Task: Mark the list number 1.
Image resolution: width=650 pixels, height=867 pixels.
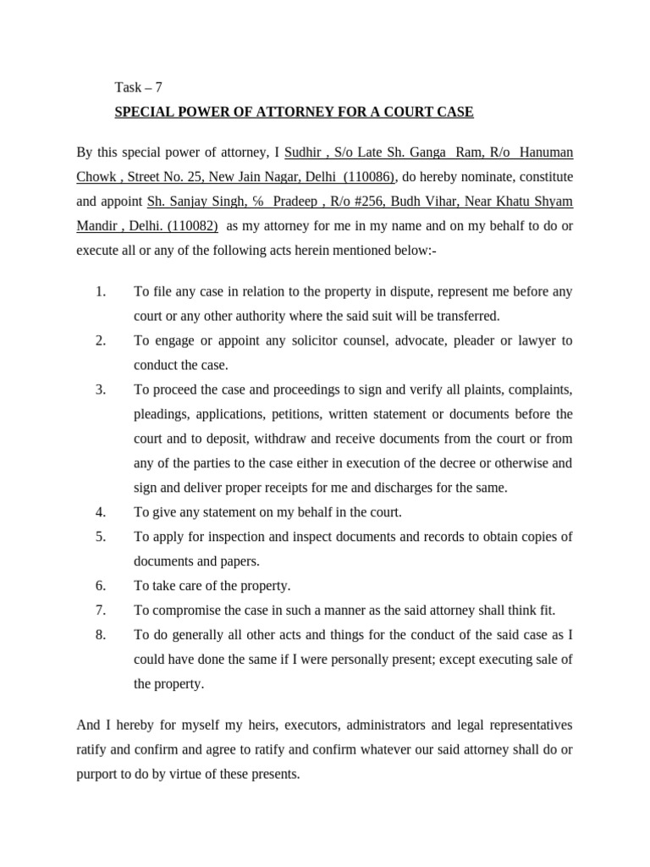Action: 100,292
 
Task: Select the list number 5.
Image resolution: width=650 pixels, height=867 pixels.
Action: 100,537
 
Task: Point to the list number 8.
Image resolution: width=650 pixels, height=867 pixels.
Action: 100,635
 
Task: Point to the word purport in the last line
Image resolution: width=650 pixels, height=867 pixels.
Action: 98,775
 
